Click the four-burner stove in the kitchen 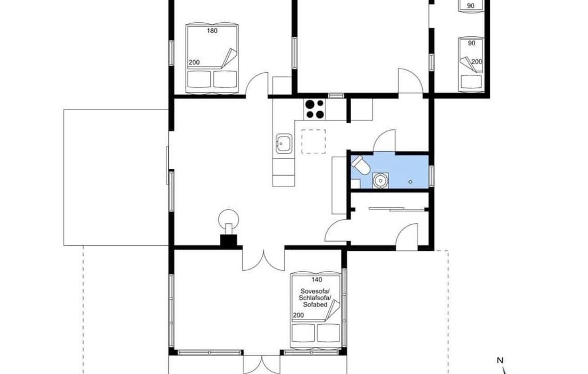point(314,109)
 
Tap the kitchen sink point(284,143)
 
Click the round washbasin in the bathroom point(380,180)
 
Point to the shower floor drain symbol point(411,182)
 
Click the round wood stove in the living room point(229,218)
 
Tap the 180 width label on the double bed point(212,31)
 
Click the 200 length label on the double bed point(194,62)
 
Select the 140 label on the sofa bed point(317,279)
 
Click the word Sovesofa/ point(315,291)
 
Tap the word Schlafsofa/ point(315,298)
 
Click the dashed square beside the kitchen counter point(314,141)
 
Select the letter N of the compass point(500,360)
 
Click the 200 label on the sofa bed point(298,315)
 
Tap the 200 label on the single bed point(477,61)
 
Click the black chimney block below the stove point(229,241)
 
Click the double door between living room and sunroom point(264,260)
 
